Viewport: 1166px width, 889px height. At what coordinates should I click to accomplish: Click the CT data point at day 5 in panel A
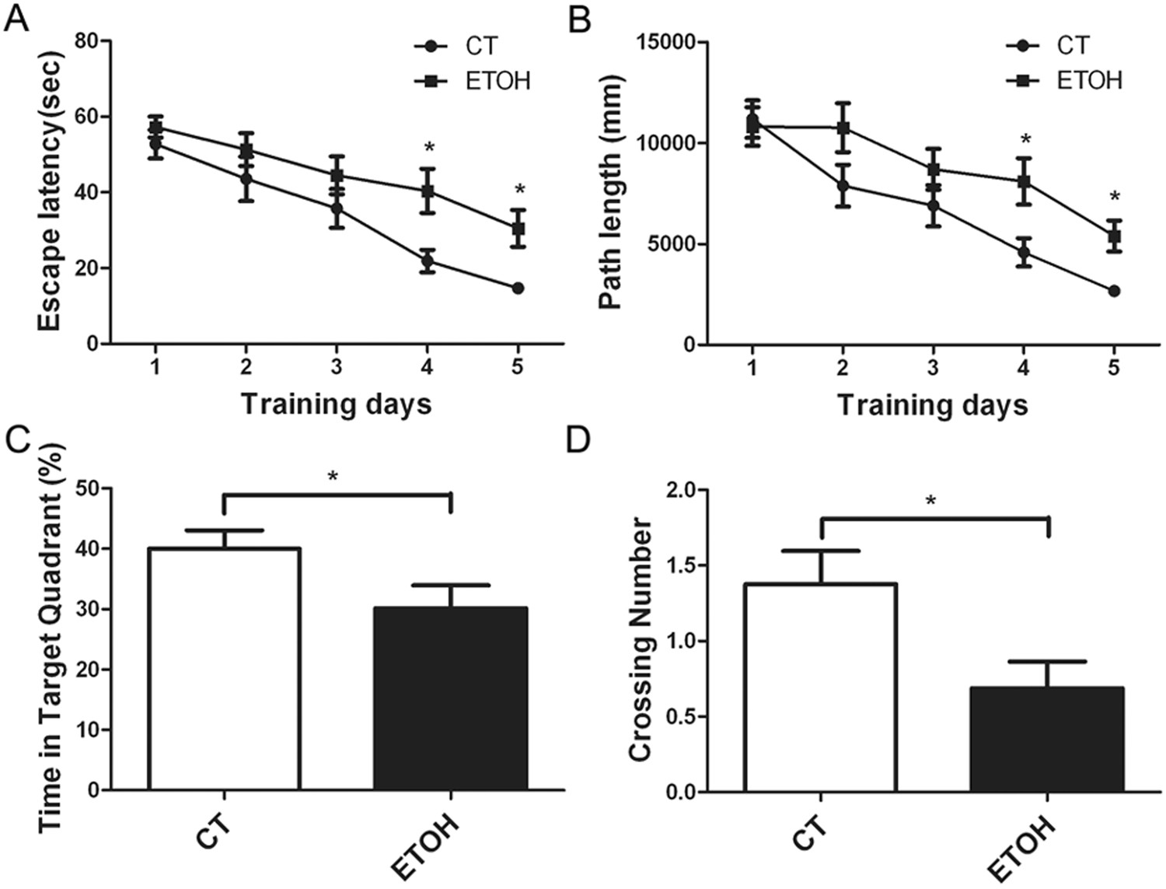[518, 289]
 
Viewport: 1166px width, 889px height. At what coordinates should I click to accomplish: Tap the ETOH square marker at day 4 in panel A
[428, 191]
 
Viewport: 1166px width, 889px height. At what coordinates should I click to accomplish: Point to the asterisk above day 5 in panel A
[519, 190]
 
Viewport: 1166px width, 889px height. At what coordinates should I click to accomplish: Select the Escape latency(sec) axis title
[48, 193]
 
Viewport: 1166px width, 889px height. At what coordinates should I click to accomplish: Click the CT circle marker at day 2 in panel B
[843, 185]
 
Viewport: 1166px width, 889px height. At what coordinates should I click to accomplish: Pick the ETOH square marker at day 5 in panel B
[1114, 236]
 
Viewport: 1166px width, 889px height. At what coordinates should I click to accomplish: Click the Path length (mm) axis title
[611, 193]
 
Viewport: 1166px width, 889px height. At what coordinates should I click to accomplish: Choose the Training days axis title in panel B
[932, 405]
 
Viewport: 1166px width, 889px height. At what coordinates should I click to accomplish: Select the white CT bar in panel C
[224, 669]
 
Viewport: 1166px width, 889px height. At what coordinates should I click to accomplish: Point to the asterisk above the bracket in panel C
[333, 476]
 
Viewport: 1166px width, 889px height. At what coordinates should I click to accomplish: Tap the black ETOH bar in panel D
[1047, 739]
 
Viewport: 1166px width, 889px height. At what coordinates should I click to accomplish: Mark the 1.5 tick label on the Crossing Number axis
[681, 565]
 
